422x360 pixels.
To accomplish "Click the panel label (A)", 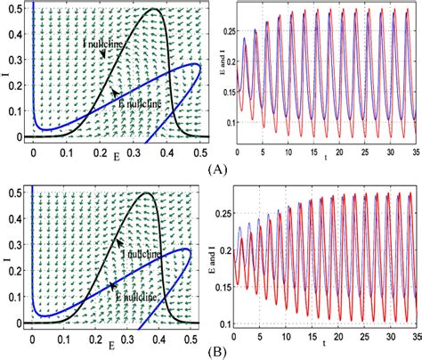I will [218, 167].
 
